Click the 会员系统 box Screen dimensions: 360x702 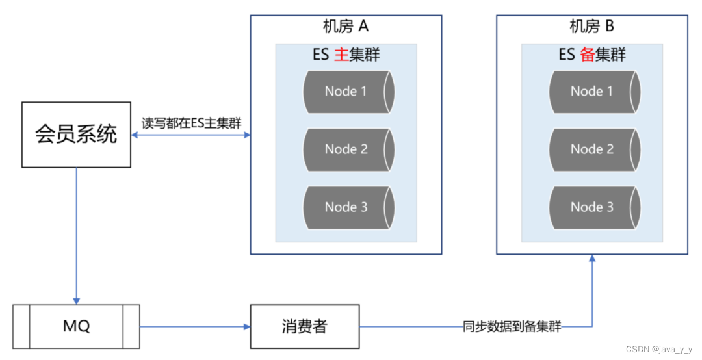[76, 134]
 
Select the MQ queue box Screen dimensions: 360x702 [76, 326]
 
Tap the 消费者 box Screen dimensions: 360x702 [305, 326]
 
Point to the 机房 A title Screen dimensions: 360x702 [346, 27]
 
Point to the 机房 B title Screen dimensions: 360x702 [591, 27]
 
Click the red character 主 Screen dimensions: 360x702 [341, 55]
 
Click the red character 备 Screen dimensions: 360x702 [588, 55]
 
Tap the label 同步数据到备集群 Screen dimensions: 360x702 [512, 326]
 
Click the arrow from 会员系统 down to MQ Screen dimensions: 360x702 [77, 234]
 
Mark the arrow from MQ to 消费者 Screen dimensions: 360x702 [195, 326]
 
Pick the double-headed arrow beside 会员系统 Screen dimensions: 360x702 [190, 135]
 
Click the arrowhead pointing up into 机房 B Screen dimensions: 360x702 [592, 259]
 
